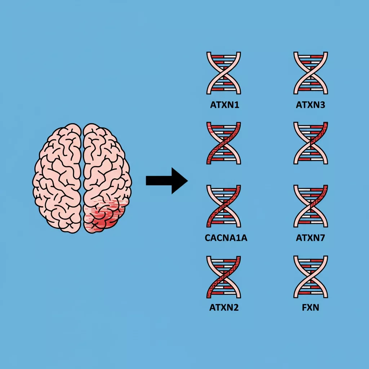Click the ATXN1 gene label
pos(224,106)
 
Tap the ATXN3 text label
pos(311,106)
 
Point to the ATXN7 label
pos(311,238)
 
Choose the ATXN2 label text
pos(224,308)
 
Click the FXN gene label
pos(311,308)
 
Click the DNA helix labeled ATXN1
pos(224,73)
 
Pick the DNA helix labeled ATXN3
pos(311,73)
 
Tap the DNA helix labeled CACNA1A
pos(224,206)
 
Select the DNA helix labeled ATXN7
pos(311,206)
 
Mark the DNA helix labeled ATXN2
pos(224,277)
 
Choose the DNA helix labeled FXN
pos(311,277)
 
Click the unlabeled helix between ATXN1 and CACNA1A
pos(224,143)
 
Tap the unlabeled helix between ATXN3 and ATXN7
pos(311,143)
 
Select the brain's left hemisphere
pos(58,177)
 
